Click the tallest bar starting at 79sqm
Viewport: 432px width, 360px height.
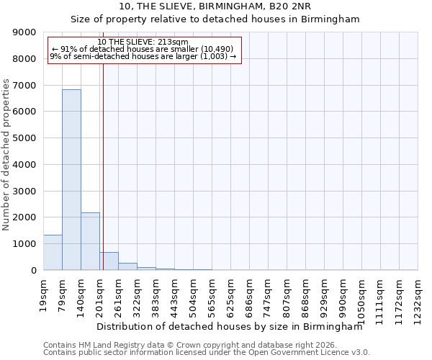pyautogui.click(x=71, y=180)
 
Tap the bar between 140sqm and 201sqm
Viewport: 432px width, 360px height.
pyautogui.click(x=90, y=241)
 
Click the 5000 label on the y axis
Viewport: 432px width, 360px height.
pyautogui.click(x=25, y=138)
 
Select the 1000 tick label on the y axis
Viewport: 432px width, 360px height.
pyautogui.click(x=25, y=244)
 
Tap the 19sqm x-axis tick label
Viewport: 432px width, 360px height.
pyautogui.click(x=44, y=294)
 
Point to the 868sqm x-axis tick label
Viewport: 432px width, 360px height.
pyautogui.click(x=306, y=294)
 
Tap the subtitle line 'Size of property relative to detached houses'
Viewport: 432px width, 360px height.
pyautogui.click(x=215, y=19)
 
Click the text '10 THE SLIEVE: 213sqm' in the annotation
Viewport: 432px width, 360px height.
pyautogui.click(x=143, y=42)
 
